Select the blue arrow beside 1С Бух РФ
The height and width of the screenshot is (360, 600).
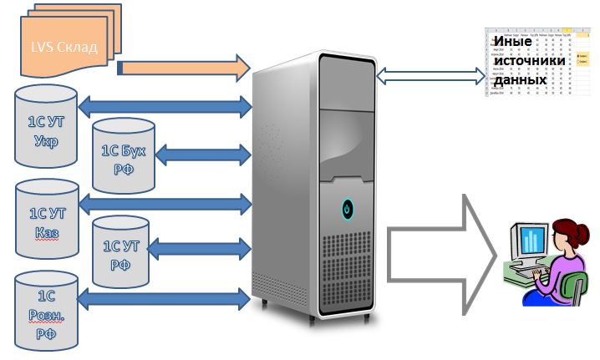(204, 154)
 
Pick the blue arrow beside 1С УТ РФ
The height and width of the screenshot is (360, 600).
(204, 247)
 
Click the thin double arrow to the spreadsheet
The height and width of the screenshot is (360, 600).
(431, 76)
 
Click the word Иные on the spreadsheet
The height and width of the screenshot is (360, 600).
(511, 42)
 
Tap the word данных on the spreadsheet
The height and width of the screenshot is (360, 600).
(520, 80)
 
